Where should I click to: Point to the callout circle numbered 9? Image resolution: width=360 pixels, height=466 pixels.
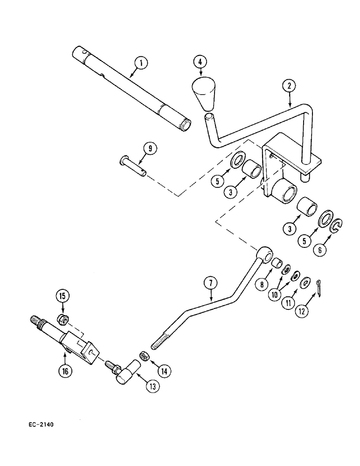pyautogui.click(x=150, y=149)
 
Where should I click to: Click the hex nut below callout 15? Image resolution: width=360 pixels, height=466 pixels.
pyautogui.click(x=61, y=320)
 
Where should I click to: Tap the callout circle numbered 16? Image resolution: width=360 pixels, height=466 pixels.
pyautogui.click(x=65, y=371)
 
